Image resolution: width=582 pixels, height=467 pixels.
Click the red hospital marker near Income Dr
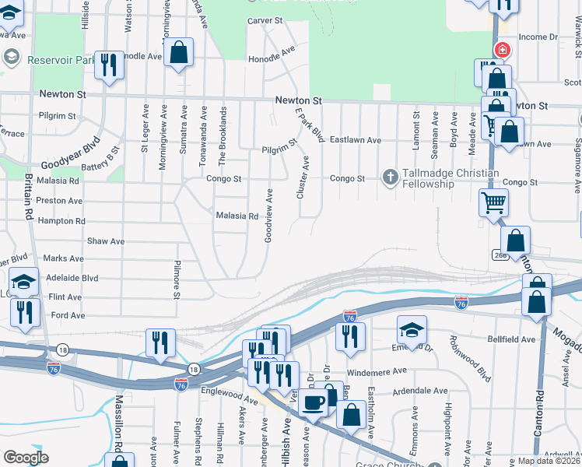click(503, 50)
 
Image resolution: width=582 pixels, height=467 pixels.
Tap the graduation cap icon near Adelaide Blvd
click(24, 281)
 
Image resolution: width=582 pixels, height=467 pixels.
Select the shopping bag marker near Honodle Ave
click(179, 53)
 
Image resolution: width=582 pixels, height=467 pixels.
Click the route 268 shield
click(500, 255)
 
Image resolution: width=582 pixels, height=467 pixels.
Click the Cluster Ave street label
click(303, 177)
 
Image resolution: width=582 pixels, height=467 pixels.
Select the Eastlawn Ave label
click(355, 140)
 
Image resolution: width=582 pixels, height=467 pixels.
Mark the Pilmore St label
click(177, 279)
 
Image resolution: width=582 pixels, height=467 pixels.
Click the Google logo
click(26, 458)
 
